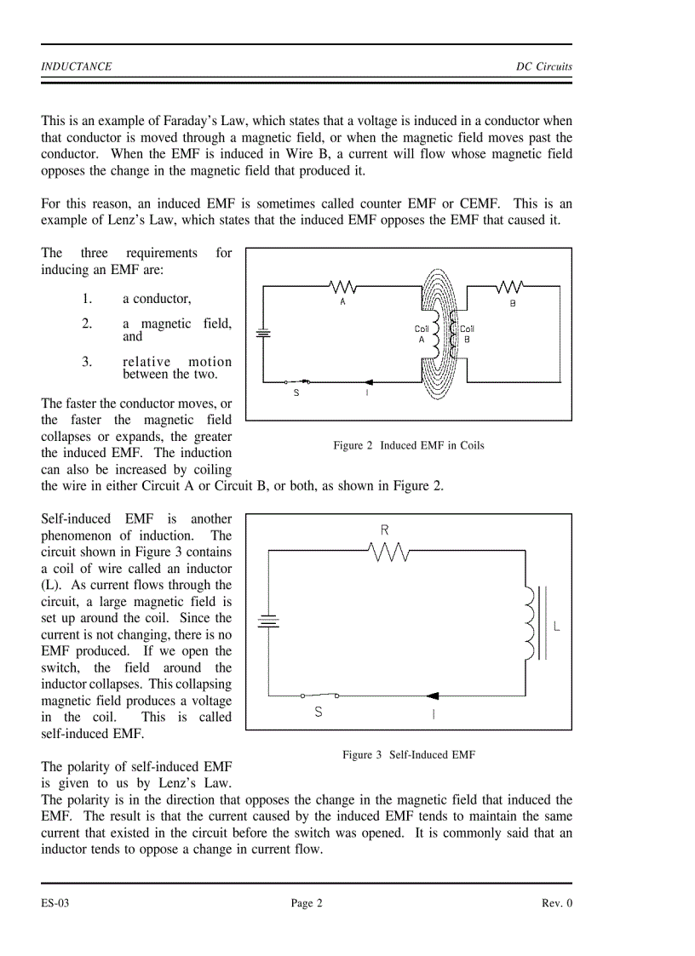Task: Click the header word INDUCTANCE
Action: coord(77,66)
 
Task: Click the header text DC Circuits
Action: coord(543,66)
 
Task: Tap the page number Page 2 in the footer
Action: coord(307,904)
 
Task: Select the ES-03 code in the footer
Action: coord(55,904)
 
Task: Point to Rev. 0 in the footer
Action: coord(557,904)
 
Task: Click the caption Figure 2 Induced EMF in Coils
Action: coord(408,445)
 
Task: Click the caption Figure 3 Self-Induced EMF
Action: coord(409,754)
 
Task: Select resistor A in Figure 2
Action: coord(343,286)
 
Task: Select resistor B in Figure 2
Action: coord(512,286)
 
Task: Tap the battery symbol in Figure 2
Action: coord(263,334)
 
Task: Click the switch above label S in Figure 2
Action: coord(297,381)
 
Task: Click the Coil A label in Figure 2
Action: coord(422,334)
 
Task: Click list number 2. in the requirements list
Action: coord(87,323)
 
